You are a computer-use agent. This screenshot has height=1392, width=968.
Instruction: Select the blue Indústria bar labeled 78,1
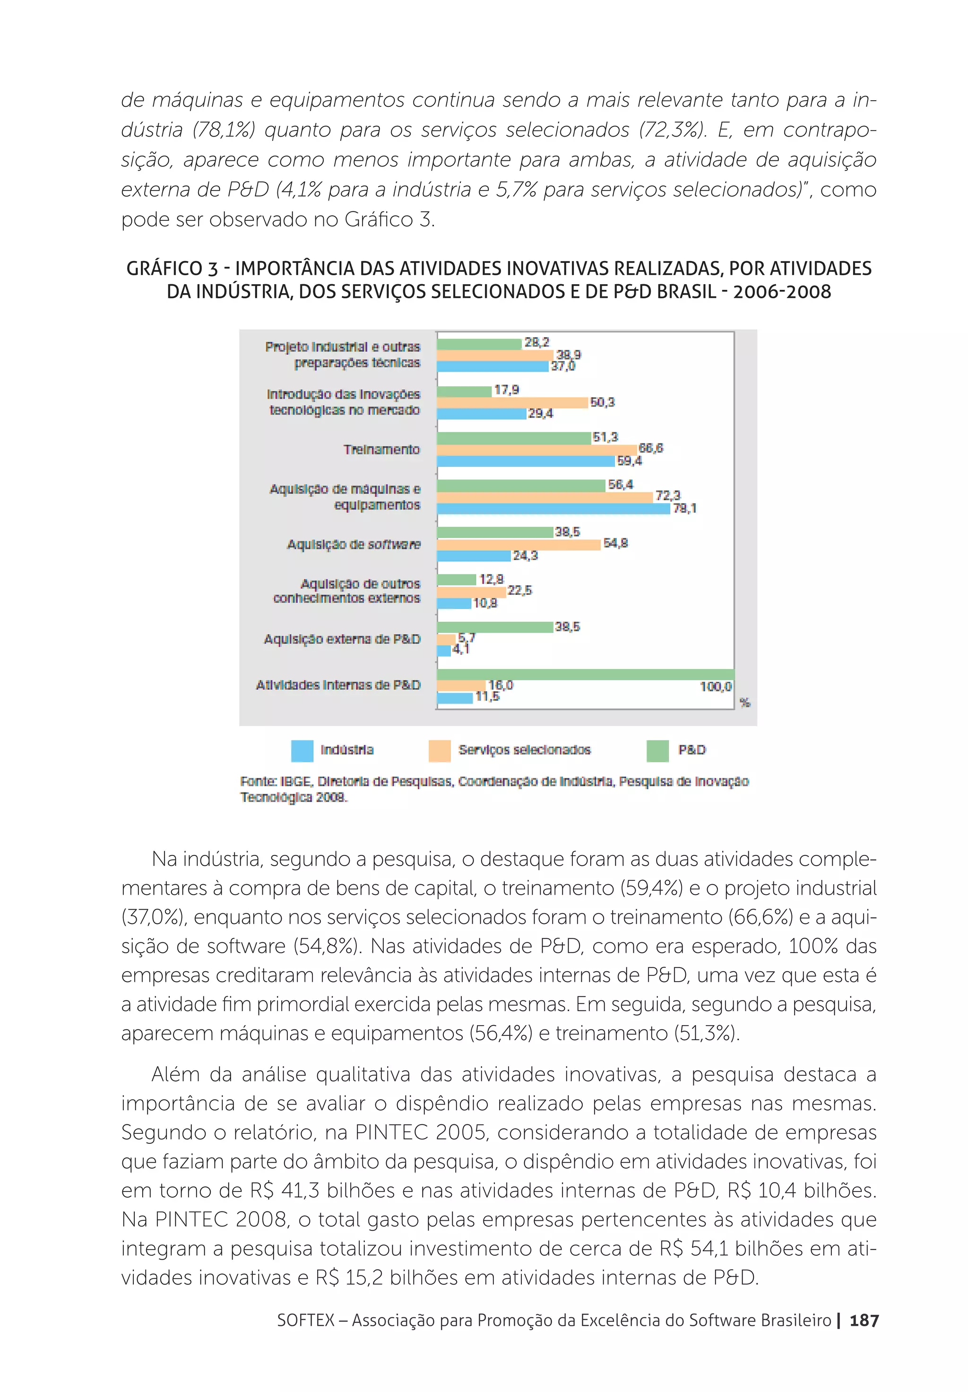[x=553, y=509]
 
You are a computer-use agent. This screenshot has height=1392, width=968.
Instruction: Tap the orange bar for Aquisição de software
[x=518, y=544]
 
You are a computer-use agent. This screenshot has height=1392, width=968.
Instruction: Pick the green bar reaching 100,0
[x=585, y=674]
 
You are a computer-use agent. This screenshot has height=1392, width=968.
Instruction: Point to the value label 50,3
[x=602, y=402]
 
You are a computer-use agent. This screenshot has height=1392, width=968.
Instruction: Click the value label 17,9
[x=506, y=390]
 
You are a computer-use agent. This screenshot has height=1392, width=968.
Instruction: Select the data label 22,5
[x=519, y=591]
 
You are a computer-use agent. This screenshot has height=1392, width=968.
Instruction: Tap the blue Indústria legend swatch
[x=302, y=750]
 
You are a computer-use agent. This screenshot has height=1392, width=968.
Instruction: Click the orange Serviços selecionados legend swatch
[x=440, y=750]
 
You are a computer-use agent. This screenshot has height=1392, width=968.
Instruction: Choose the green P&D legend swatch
[x=657, y=750]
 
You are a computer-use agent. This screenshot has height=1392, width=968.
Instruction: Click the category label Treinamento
[x=381, y=449]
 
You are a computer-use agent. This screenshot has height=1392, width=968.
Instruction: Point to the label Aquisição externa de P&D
[x=342, y=639]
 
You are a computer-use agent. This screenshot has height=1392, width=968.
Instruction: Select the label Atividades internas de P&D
[x=337, y=685]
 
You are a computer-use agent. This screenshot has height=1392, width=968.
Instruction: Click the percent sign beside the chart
[x=745, y=703]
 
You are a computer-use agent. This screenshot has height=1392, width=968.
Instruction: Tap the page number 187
[x=864, y=1320]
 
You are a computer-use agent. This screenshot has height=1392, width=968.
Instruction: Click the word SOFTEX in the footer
[x=305, y=1320]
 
